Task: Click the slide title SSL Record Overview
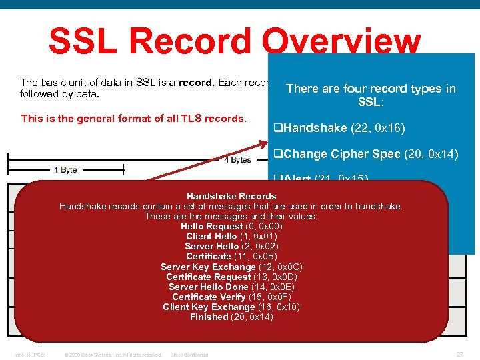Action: pyautogui.click(x=235, y=41)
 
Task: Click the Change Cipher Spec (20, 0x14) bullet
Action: pyautogui.click(x=366, y=154)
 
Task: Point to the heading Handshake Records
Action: pyautogui.click(x=231, y=196)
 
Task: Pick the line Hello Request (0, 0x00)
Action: pyautogui.click(x=231, y=226)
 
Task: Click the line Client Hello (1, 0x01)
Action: pyautogui.click(x=231, y=236)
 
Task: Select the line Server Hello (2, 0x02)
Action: pyautogui.click(x=231, y=246)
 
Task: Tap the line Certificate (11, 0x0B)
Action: pyautogui.click(x=231, y=256)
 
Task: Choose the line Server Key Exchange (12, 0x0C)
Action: pyautogui.click(x=231, y=267)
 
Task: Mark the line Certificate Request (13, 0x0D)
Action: pyautogui.click(x=231, y=277)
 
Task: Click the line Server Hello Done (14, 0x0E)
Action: pyautogui.click(x=231, y=287)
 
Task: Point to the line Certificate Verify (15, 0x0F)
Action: pyautogui.click(x=231, y=297)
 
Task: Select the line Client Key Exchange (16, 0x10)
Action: pyautogui.click(x=231, y=307)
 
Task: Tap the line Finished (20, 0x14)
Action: pyautogui.click(x=231, y=317)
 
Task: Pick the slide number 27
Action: pyautogui.click(x=459, y=354)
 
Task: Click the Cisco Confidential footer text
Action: pyautogui.click(x=189, y=355)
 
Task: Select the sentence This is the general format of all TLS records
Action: pyautogui.click(x=134, y=119)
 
